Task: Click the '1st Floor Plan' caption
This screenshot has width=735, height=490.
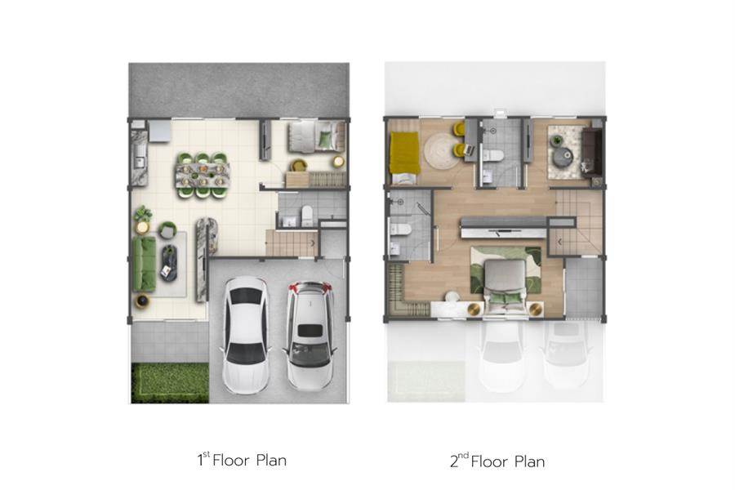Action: [242, 460]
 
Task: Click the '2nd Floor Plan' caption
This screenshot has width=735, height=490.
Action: [497, 461]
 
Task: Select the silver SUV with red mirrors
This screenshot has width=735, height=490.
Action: [310, 335]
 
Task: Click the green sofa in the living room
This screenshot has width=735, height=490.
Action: [144, 264]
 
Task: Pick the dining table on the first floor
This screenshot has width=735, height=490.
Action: [203, 175]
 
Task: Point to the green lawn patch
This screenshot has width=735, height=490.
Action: [170, 383]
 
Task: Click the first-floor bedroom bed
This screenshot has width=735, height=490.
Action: [316, 136]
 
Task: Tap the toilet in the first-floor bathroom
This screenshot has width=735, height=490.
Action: [307, 215]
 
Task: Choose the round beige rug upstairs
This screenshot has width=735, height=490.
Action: [441, 151]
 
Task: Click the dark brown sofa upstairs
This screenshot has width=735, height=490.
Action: [591, 153]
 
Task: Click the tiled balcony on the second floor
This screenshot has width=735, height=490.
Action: [584, 288]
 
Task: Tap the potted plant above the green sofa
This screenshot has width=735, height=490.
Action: [142, 214]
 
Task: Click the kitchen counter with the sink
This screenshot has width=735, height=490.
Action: [140, 158]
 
